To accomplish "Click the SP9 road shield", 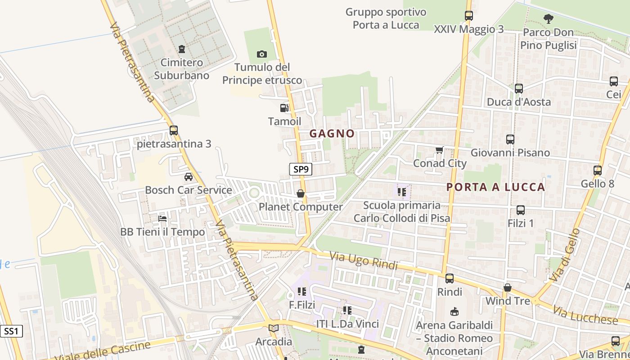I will [301, 169].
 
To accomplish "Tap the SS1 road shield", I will [11, 332].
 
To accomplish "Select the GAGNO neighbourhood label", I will [332, 134].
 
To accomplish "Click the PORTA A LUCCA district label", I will [495, 187].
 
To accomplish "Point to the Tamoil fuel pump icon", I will [284, 108].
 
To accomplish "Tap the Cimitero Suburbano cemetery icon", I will [182, 49].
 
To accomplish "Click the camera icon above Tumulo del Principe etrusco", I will [261, 54].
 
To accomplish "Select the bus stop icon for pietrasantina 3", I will [174, 130].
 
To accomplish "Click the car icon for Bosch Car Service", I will [189, 177].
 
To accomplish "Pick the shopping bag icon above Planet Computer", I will [300, 193].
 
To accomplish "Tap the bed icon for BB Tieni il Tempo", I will [162, 219].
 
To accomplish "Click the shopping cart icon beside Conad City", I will [440, 150].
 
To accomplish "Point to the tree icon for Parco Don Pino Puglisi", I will [548, 19].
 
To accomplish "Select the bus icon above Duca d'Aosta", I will [519, 89].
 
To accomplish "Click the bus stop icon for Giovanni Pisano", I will [510, 139].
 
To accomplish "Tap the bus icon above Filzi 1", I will [521, 210].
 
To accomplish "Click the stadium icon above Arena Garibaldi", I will [454, 311].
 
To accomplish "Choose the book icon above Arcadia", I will [274, 328].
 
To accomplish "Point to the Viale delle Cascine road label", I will [103, 351].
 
